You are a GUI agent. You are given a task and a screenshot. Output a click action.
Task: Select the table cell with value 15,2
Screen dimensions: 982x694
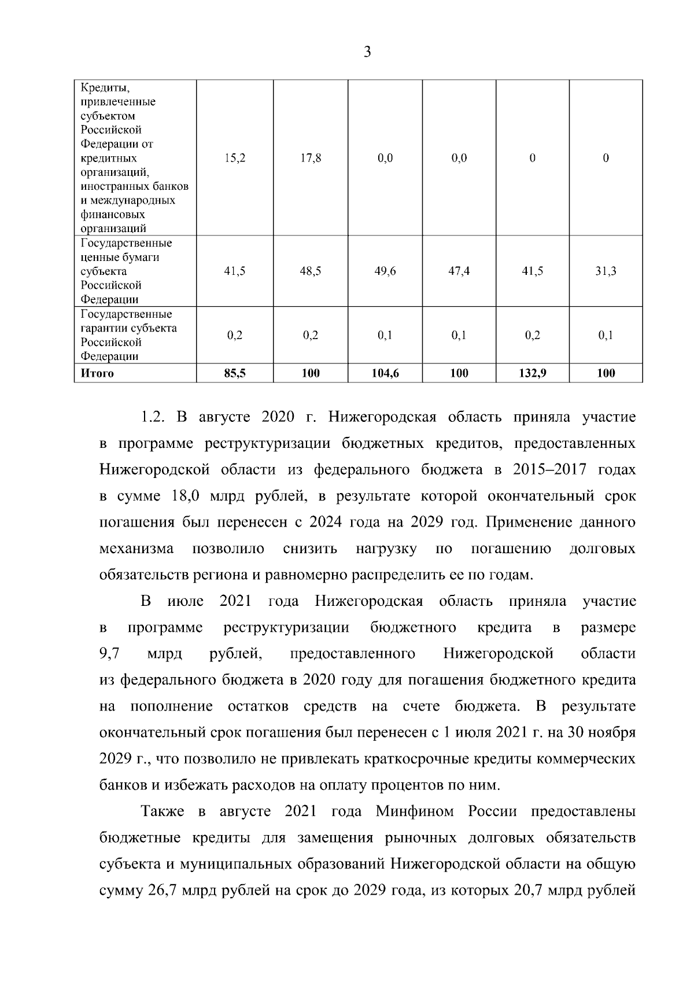click(235, 158)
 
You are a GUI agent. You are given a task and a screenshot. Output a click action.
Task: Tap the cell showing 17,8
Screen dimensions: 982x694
click(311, 158)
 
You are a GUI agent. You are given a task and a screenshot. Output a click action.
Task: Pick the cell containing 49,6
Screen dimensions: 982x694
click(385, 271)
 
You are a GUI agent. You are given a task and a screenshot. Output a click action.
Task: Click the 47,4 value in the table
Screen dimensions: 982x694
click(459, 271)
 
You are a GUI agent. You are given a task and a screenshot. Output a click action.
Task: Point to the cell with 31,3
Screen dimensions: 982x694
click(606, 271)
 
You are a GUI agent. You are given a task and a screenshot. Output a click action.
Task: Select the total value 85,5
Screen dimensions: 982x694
click(235, 373)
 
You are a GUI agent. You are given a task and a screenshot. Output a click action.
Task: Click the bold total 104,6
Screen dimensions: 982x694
click(385, 373)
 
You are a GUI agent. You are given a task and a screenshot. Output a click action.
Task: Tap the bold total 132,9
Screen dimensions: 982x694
click(533, 373)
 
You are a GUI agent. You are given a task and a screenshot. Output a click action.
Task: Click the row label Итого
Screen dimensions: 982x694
click(97, 373)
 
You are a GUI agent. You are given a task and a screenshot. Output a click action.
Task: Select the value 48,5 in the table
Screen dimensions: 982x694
click(311, 271)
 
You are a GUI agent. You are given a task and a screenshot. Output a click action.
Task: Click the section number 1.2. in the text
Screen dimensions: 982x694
click(154, 417)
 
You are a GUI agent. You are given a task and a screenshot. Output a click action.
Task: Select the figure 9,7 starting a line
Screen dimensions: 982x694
click(109, 654)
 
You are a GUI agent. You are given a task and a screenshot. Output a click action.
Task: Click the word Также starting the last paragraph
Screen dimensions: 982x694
click(163, 811)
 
